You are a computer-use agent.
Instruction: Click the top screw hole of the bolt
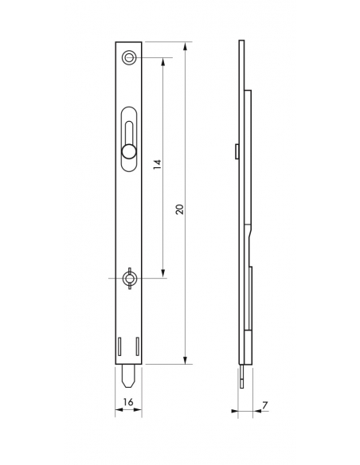[127, 58]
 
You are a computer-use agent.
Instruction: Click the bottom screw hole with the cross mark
[127, 278]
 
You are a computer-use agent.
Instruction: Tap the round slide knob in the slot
[127, 151]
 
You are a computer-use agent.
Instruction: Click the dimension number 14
[157, 165]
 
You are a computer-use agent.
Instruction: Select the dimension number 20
[180, 209]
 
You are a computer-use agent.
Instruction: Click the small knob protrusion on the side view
[238, 151]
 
